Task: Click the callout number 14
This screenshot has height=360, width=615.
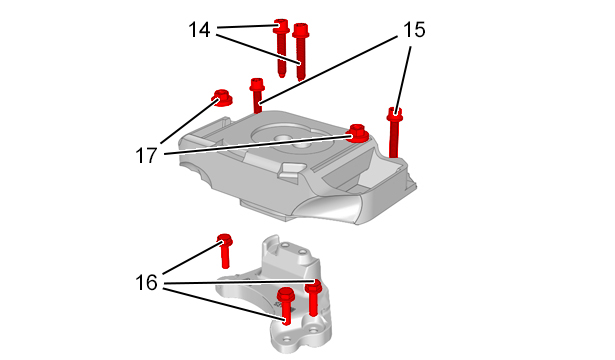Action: click(199, 30)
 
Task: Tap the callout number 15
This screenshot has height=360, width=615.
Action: click(414, 30)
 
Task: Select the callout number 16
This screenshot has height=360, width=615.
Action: click(146, 282)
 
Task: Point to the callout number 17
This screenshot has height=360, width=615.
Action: click(146, 155)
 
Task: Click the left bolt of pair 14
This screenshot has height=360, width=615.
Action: click(281, 47)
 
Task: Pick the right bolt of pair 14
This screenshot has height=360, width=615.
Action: click(301, 51)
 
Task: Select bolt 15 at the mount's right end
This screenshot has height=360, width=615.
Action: click(394, 132)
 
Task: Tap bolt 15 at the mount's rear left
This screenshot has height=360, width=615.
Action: click(257, 95)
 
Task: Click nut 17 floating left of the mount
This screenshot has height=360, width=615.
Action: click(222, 98)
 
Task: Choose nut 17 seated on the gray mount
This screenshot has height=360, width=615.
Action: click(358, 133)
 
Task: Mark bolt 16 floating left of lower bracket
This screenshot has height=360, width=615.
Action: click(225, 251)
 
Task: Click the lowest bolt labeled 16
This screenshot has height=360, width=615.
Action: click(286, 305)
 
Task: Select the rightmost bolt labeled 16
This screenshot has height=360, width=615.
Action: click(314, 297)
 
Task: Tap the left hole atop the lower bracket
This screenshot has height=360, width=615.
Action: click(286, 245)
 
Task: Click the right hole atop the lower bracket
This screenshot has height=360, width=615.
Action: click(303, 251)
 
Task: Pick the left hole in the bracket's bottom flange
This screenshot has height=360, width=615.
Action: click(287, 338)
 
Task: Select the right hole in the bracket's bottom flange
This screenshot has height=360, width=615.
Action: click(313, 330)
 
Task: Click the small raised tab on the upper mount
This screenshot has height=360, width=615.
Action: click(290, 171)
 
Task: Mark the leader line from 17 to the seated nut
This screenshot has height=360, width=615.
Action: click(258, 145)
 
